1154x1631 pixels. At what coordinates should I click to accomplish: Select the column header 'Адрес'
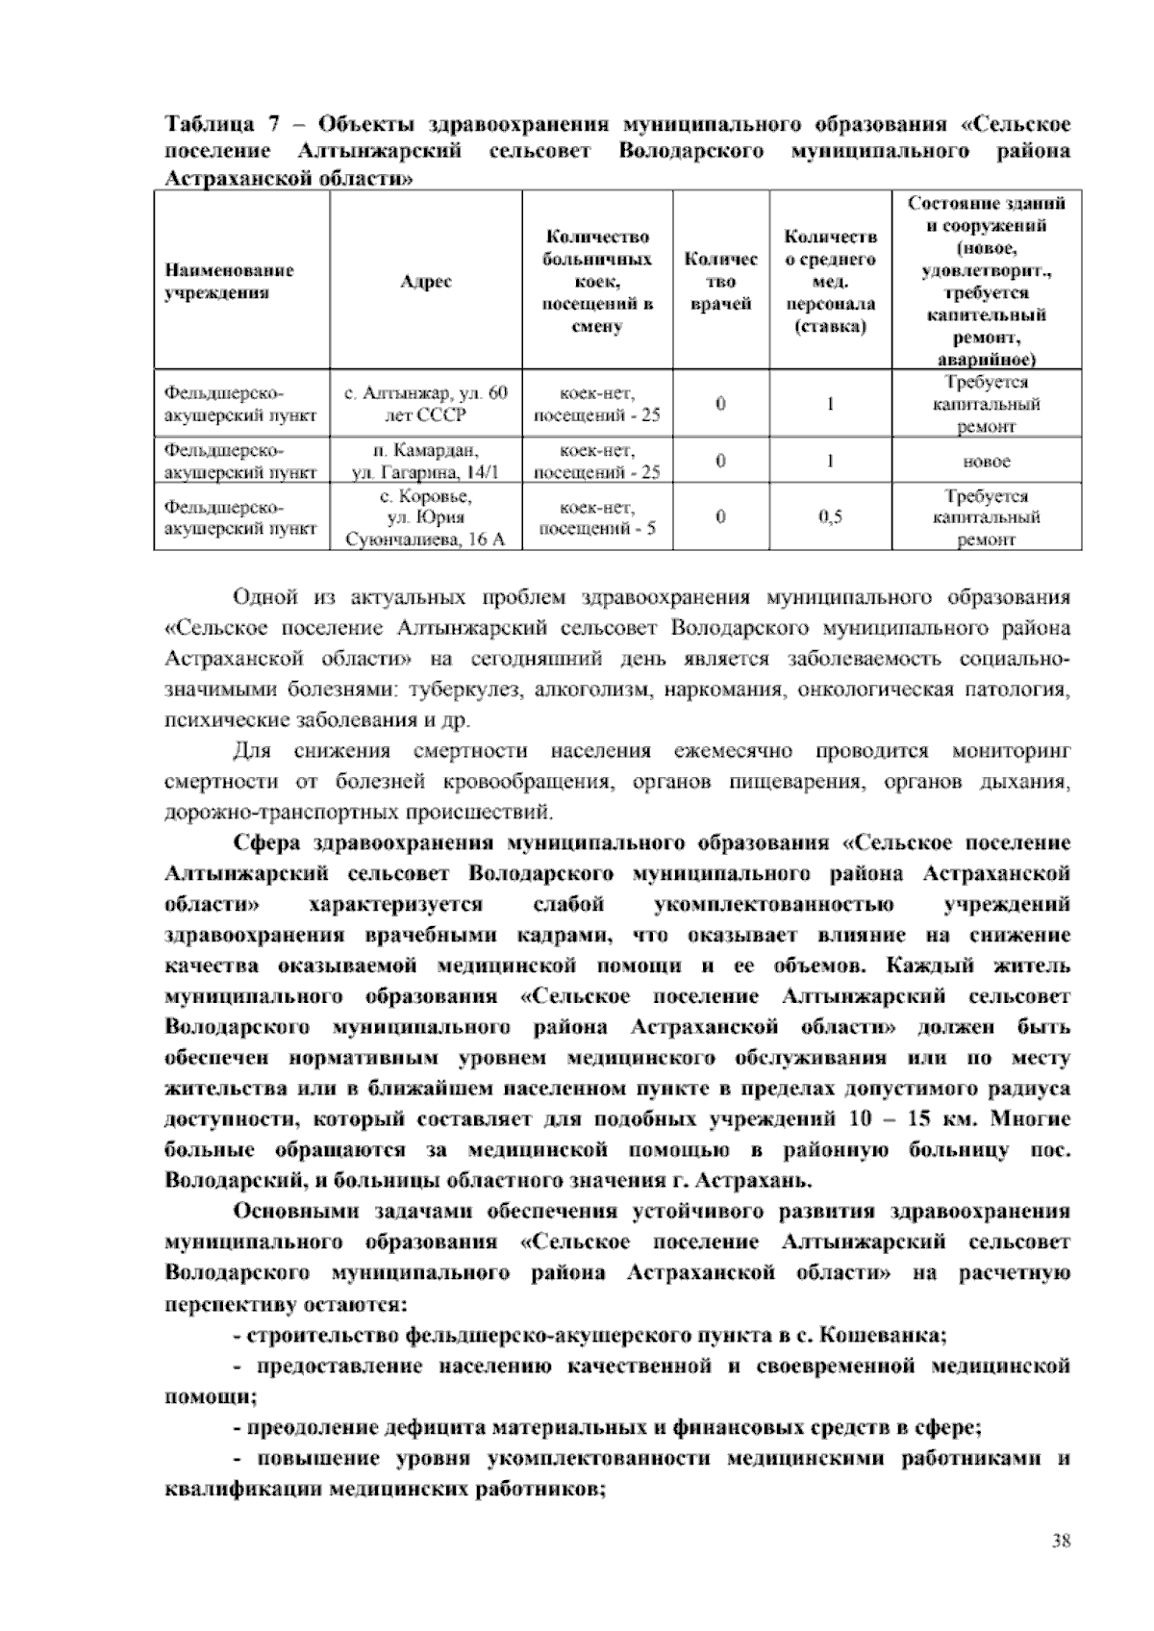(426, 282)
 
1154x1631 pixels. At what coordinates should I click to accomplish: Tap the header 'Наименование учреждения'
(230, 282)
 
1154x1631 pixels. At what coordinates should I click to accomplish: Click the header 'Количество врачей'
(720, 282)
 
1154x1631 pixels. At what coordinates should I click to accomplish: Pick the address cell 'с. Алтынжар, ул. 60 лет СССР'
(426, 404)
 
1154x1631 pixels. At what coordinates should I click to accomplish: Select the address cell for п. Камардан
(426, 461)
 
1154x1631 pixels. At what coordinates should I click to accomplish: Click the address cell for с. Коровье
(426, 517)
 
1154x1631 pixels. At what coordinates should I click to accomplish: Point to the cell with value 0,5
(830, 517)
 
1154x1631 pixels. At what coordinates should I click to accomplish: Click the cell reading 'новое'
(987, 462)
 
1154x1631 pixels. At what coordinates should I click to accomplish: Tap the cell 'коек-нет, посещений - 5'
(597, 517)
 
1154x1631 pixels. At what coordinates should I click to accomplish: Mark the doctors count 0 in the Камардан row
(720, 461)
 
